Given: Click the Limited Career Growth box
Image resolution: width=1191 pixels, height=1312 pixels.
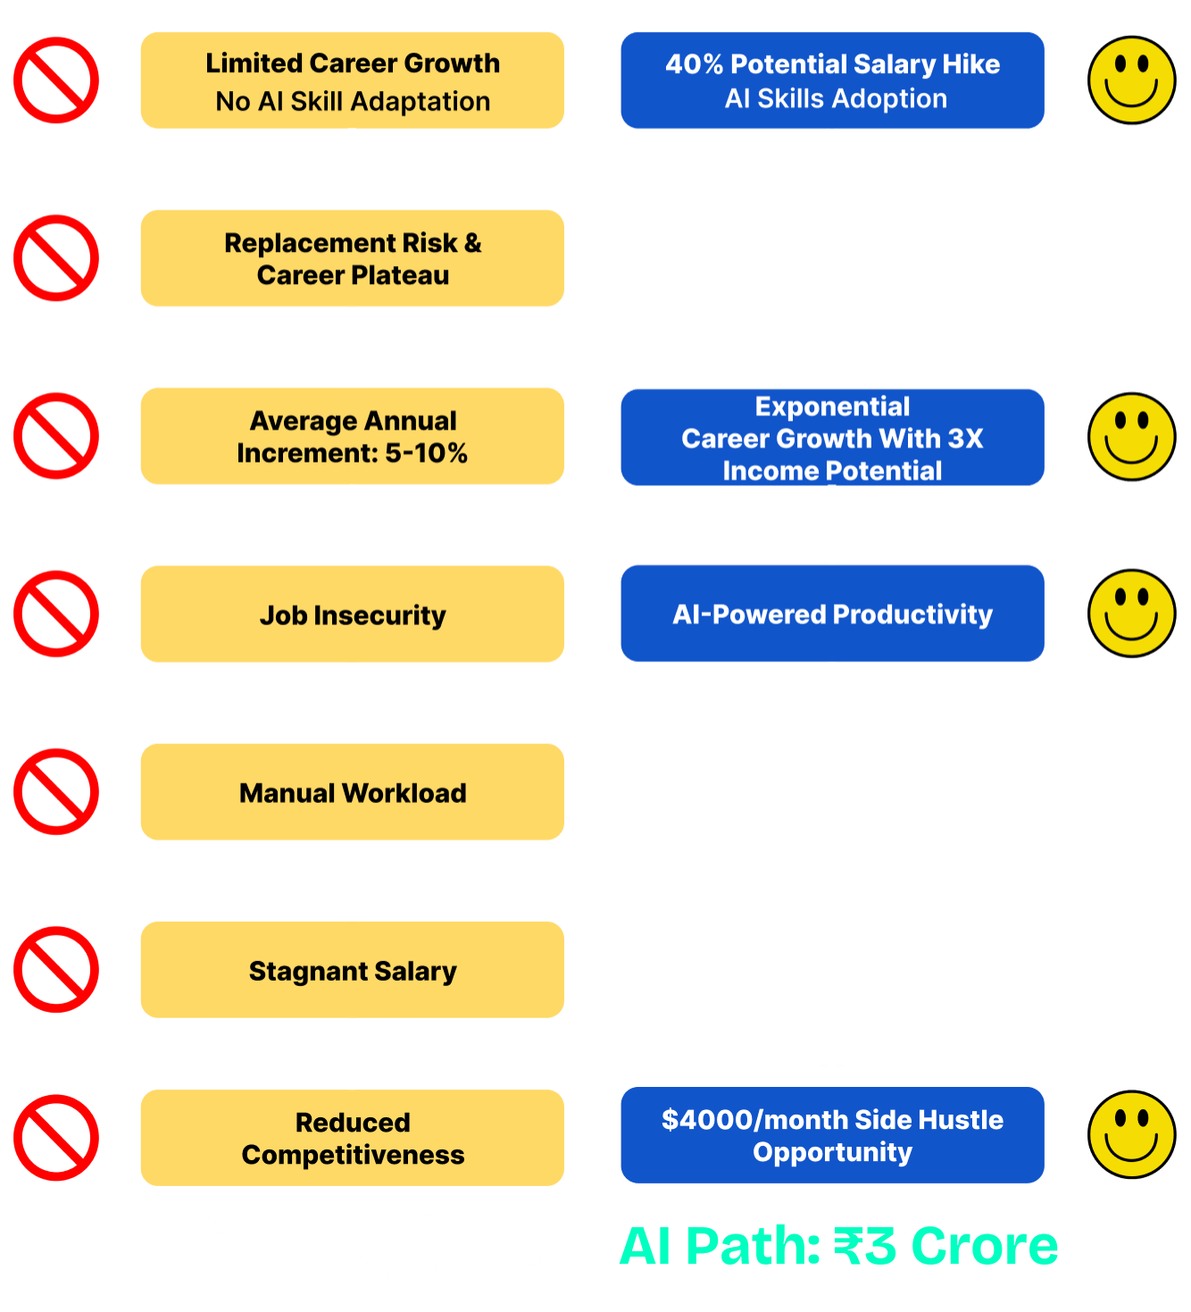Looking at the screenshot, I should (352, 80).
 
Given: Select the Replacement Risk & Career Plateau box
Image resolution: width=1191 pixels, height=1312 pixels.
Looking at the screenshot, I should (352, 258).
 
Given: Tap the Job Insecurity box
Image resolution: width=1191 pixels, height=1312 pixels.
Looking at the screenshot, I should (352, 614).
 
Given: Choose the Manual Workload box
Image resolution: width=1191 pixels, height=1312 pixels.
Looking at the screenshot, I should (352, 792).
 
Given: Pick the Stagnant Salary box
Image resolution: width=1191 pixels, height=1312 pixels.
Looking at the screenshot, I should (352, 970).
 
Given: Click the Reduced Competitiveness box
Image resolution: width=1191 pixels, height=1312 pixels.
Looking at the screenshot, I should (352, 1138).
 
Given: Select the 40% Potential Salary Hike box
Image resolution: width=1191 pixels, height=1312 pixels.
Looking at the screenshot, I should (832, 80).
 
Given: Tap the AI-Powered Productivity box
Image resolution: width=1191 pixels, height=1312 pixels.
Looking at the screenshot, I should (832, 614).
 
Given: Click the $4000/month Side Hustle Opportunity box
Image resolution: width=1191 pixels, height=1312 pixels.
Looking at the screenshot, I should (832, 1135).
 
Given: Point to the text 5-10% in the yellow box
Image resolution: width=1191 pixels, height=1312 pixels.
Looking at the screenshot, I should (427, 453).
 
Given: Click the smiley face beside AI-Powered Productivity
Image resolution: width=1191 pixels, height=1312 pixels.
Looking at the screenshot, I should (1131, 614).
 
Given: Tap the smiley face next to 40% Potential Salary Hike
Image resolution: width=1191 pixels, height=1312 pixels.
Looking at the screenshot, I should (1131, 80).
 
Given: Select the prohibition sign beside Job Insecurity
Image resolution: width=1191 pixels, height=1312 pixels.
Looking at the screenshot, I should (56, 614).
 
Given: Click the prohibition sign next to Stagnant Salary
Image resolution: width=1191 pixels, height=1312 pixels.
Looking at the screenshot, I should (56, 969).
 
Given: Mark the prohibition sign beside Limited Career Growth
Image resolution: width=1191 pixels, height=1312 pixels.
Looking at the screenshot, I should (56, 80).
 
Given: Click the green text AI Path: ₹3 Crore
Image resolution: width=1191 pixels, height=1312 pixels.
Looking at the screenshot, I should (838, 1246).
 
